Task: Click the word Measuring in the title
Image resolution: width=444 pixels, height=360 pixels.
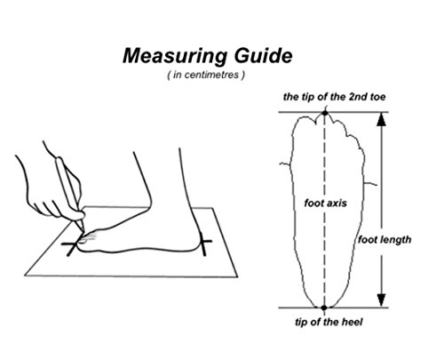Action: tap(175, 57)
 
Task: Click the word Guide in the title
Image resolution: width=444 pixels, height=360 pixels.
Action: tap(264, 55)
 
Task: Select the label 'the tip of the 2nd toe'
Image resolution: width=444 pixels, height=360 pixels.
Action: tap(334, 97)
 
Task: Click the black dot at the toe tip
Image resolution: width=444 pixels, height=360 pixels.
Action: tap(325, 113)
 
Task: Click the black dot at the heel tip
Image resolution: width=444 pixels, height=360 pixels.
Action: tap(324, 308)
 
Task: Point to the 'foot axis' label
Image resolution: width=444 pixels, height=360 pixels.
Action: tap(325, 204)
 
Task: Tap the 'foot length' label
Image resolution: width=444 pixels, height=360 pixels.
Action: tap(385, 239)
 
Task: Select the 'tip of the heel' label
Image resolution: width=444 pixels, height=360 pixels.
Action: tap(329, 322)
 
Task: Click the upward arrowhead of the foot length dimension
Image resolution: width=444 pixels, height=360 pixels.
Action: tap(382, 120)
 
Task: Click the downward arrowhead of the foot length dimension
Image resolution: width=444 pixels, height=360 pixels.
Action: tap(382, 300)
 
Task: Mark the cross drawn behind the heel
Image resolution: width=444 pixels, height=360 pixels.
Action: tap(203, 242)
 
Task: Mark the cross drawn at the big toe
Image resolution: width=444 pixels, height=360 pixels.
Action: tap(72, 244)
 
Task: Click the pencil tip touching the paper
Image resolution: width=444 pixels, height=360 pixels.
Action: tap(83, 231)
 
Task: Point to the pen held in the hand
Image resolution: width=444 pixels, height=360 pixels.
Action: tap(69, 193)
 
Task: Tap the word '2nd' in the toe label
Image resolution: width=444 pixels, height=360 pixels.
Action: tap(358, 97)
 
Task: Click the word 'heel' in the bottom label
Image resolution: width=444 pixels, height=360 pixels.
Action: tap(352, 322)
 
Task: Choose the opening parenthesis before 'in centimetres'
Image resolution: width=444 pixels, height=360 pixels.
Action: tap(169, 76)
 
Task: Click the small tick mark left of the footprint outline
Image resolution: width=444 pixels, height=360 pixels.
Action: tap(285, 164)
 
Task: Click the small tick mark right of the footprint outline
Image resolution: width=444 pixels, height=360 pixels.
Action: tap(370, 185)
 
